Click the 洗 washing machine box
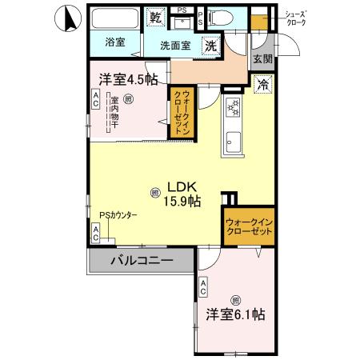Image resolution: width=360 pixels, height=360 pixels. [x=211, y=46]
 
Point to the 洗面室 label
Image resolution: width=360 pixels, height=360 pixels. [x=174, y=46]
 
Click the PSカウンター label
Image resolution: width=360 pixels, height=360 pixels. [x=118, y=215]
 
